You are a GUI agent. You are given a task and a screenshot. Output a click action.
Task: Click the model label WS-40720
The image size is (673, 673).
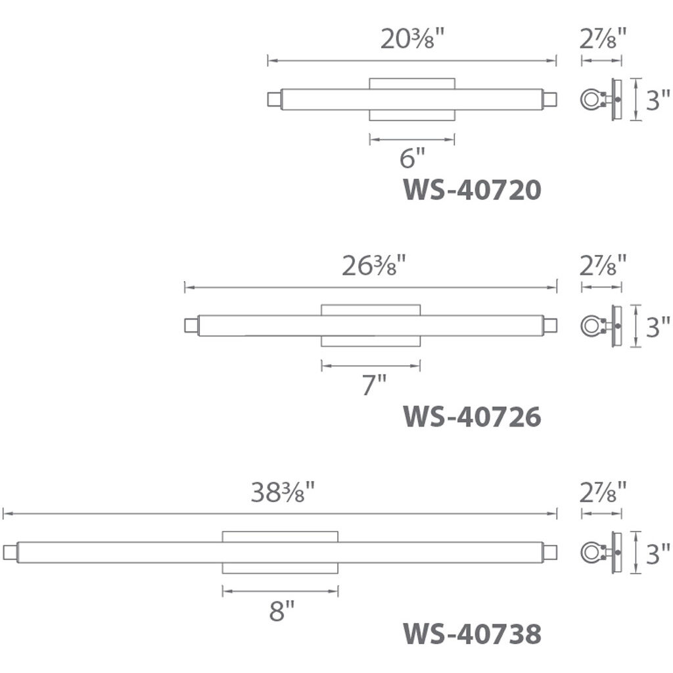coord(472,190)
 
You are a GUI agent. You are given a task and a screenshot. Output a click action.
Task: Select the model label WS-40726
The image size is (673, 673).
coord(472,417)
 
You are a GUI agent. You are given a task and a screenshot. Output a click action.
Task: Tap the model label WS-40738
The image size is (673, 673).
coord(472,634)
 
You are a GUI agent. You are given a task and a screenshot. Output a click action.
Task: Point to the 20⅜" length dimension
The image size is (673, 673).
coord(411,38)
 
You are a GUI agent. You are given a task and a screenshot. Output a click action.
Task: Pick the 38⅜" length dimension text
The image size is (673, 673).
coord(283,492)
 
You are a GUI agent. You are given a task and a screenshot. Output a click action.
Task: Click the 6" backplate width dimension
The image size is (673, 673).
coord(412,158)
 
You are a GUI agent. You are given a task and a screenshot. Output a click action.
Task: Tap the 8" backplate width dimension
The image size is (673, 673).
coord(282,611)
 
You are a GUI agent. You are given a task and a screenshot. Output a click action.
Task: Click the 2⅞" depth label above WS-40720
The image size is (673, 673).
coord(603,37)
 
